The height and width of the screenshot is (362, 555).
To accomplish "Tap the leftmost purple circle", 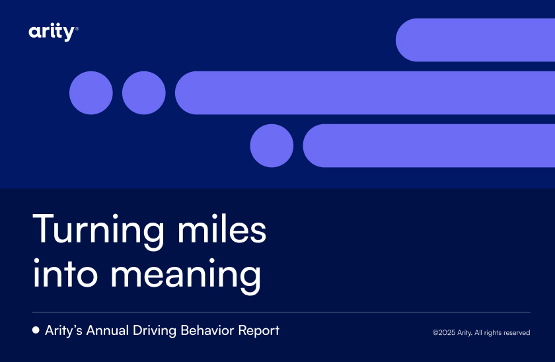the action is (x=91, y=92).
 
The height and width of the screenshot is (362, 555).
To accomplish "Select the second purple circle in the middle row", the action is (x=144, y=92).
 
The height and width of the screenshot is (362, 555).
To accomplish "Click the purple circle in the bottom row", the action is (x=272, y=145).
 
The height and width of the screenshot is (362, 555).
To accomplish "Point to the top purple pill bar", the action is (x=475, y=40).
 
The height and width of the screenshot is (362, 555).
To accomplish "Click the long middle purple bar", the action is (x=365, y=92).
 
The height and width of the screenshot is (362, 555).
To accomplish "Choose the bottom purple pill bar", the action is (x=429, y=145).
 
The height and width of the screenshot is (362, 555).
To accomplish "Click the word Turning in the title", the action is (x=98, y=231).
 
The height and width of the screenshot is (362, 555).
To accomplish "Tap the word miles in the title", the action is (x=222, y=229).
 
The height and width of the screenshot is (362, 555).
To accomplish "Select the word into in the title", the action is (x=65, y=273).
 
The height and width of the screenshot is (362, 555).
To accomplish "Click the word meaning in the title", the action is (x=186, y=276).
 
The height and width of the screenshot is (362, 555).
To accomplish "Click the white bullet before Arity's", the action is (x=36, y=330).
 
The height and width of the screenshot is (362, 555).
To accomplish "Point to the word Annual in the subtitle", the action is (x=108, y=330).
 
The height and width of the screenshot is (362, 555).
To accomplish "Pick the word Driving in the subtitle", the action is (x=155, y=331).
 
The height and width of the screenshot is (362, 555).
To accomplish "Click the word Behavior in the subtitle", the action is (x=207, y=330).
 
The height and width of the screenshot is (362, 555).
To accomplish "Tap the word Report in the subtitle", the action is (x=259, y=331).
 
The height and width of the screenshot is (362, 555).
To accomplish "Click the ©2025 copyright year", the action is (x=444, y=333).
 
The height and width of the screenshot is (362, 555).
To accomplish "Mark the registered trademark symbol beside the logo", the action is (x=77, y=28).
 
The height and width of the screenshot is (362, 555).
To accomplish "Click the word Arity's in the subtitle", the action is (x=63, y=331).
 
